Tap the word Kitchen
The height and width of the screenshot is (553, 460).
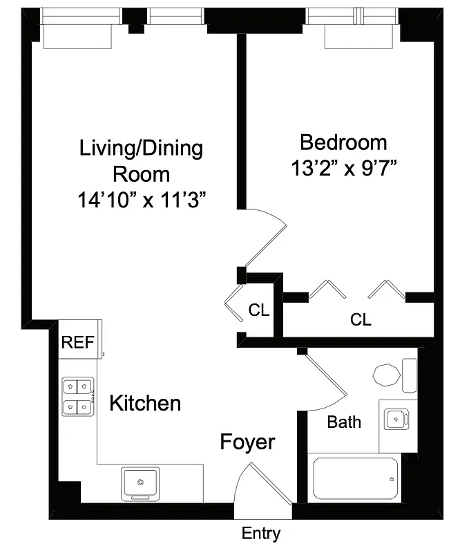146,403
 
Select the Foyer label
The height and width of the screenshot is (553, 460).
247,442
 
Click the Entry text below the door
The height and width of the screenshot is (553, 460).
261,534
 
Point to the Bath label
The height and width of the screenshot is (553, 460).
343,422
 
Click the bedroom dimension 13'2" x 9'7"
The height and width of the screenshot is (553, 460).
343,168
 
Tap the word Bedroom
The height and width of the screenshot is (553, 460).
343,143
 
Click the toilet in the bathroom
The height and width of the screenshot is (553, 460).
390,375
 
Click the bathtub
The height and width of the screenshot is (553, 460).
354,478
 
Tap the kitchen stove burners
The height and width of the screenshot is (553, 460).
77,397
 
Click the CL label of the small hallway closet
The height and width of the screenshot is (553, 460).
259,310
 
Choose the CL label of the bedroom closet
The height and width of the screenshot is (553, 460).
361,320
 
